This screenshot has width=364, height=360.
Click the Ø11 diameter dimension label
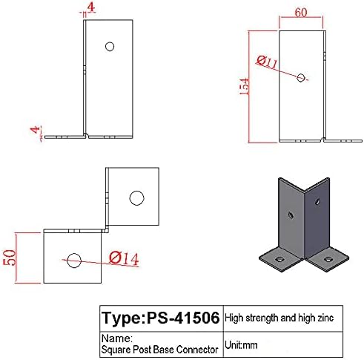click(x=268, y=62)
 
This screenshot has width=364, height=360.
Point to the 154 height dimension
click(x=246, y=87)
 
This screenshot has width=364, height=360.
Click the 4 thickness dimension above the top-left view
click(x=89, y=9)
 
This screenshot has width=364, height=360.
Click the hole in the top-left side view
click(x=110, y=46)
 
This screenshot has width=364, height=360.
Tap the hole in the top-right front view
click(x=300, y=76)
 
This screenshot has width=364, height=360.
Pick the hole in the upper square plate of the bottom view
click(x=136, y=197)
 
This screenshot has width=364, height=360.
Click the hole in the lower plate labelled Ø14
click(x=73, y=260)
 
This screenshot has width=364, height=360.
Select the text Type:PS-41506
click(x=160, y=319)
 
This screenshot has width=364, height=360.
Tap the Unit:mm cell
click(x=242, y=346)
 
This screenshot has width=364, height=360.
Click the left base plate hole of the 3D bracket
click(x=279, y=258)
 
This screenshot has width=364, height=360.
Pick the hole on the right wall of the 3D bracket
click(x=317, y=200)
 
